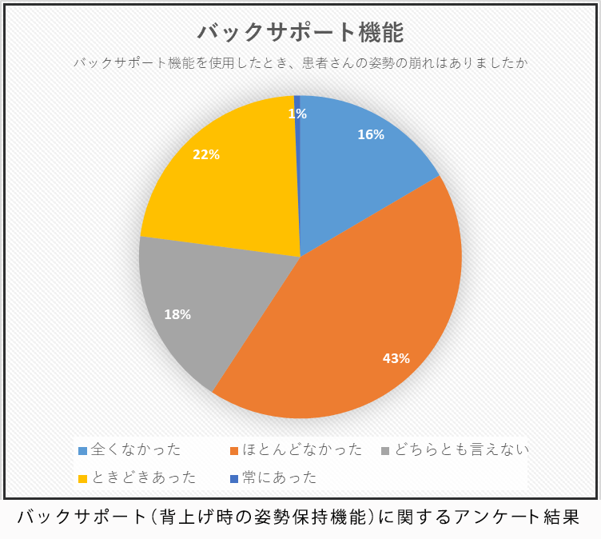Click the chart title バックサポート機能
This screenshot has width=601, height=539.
tap(300, 33)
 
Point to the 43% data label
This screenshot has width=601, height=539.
tap(396, 358)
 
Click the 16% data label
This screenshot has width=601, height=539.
tap(371, 135)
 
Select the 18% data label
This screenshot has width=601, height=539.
tap(177, 314)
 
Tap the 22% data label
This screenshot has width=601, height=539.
tap(206, 154)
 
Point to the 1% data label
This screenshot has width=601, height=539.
tap(297, 114)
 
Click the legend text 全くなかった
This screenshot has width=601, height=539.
tap(136, 450)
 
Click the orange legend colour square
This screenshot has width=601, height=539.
tap(234, 451)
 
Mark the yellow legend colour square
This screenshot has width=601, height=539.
tap(82, 479)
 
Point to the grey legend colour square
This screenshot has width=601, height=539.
tap(385, 451)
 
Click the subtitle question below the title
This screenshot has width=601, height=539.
tap(300, 62)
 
